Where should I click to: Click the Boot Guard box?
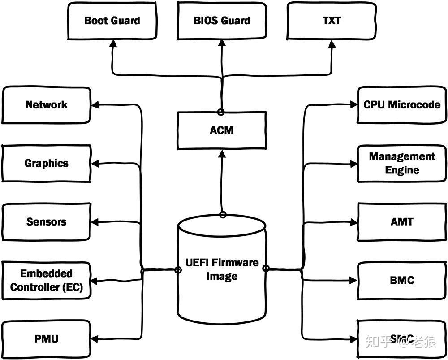click(x=112, y=21)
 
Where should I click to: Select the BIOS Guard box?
click(x=222, y=21)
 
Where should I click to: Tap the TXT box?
click(x=331, y=21)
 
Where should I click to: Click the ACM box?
click(x=222, y=130)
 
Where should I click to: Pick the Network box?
click(x=47, y=105)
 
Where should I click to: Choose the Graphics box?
click(x=47, y=163)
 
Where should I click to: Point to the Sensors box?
click(x=47, y=221)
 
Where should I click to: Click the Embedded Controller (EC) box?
click(x=47, y=280)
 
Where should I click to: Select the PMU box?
click(x=47, y=338)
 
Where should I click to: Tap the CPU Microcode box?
click(x=402, y=105)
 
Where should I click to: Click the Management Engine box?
click(x=402, y=163)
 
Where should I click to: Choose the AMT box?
click(x=402, y=221)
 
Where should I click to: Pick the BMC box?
click(x=402, y=280)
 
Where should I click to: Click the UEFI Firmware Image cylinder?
click(x=222, y=269)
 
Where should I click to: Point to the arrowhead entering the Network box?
click(x=95, y=105)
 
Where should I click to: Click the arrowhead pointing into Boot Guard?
click(x=112, y=43)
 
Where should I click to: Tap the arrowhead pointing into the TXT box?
click(x=332, y=43)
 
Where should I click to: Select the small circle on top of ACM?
click(x=220, y=111)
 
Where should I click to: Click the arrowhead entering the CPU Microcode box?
click(x=353, y=105)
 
